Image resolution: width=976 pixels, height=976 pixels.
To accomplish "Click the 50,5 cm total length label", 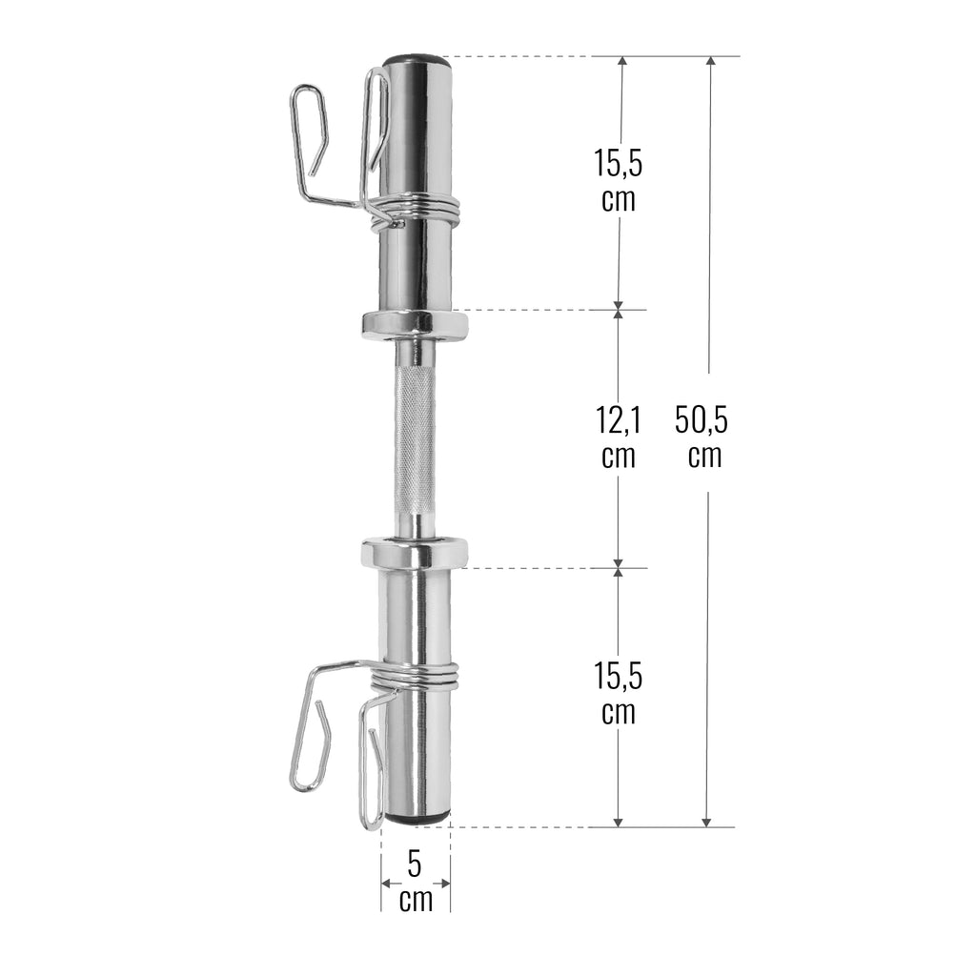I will (707, 435).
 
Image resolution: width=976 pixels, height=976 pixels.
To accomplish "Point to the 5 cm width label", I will (415, 882).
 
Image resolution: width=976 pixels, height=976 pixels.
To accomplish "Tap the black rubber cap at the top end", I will (417, 61).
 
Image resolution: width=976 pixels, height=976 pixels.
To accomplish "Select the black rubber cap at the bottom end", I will (417, 818).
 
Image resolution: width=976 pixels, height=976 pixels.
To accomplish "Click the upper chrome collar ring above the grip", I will (415, 325).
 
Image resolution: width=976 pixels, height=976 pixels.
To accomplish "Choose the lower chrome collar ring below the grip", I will (415, 553).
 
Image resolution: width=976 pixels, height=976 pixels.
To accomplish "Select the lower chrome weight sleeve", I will (416, 620).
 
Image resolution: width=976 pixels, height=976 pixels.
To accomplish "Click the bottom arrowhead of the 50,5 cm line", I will (706, 821).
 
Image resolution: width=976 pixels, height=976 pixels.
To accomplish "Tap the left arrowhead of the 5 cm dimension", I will (386, 883).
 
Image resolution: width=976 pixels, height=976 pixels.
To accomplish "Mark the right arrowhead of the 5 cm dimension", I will (445, 883).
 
